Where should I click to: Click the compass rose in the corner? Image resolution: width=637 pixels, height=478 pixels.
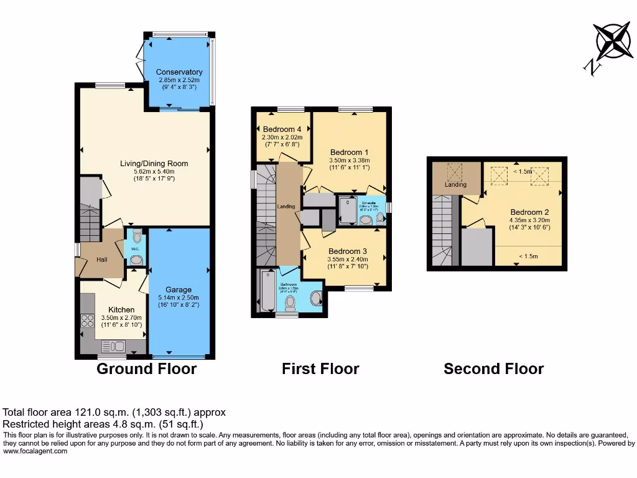[613, 41]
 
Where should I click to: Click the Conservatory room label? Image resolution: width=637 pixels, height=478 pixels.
[179, 72]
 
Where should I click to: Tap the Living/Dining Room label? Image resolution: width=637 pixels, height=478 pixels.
[154, 164]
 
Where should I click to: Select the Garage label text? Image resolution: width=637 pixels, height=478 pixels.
[179, 289]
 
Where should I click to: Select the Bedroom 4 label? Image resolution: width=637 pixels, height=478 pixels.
[282, 129]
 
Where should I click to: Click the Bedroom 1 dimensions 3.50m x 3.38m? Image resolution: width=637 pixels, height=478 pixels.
[349, 160]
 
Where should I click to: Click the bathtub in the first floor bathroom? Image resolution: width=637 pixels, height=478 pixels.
[267, 291]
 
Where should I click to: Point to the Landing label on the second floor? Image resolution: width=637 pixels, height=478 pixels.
[455, 185]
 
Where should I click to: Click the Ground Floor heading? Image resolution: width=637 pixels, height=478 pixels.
[146, 369]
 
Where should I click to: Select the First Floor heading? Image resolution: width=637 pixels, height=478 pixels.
[320, 369]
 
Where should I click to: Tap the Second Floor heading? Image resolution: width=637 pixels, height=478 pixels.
[493, 369]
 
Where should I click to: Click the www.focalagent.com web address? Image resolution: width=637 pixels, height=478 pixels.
[35, 451]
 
